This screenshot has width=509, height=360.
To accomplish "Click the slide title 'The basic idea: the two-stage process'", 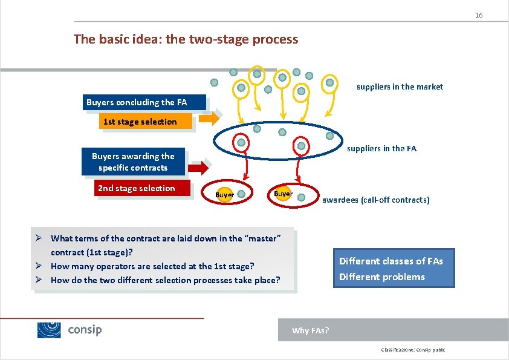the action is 186,39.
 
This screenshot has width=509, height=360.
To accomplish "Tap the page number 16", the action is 478,15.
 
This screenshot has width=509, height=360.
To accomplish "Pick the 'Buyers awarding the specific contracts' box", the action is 133,162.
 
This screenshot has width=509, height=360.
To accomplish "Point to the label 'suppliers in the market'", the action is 400,87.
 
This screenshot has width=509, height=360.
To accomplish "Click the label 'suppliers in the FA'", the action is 381,148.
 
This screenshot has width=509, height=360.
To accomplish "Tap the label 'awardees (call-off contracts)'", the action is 375,200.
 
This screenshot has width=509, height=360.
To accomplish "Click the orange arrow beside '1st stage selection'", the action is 209,119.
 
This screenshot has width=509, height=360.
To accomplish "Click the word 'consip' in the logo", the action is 85,330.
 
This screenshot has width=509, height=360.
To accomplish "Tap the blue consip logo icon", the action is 49,330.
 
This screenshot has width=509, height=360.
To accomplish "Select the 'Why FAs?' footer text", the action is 310,330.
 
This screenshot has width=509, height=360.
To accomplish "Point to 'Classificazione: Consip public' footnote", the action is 413,350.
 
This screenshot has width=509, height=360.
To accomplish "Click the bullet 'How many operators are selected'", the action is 152,266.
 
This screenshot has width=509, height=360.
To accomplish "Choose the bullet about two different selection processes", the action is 165,280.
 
